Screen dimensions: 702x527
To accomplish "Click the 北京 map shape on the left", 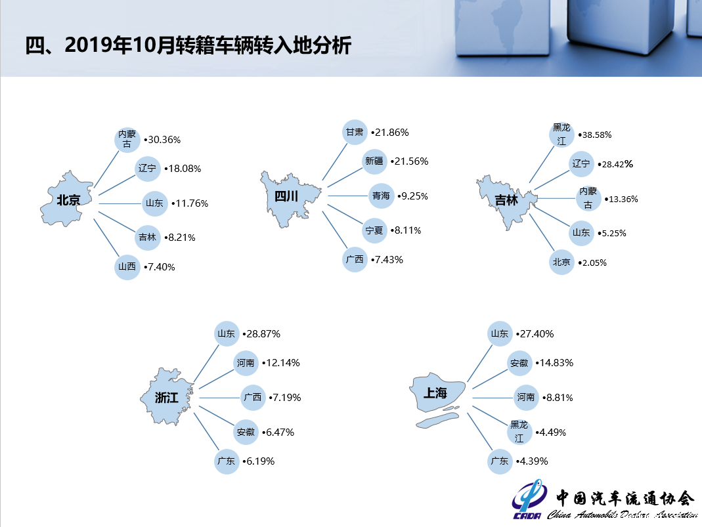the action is [67, 200].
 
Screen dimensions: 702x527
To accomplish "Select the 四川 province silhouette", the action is [289, 197].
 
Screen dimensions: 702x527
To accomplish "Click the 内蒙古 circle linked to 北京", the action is [127, 140].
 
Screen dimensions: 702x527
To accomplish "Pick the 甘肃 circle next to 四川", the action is [355, 133].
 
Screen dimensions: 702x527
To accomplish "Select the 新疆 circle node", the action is [374, 161].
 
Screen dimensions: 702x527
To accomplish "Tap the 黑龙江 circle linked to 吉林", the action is [561, 135].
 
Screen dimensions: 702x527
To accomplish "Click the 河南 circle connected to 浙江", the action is [246, 363].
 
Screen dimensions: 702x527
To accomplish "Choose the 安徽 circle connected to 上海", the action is [519, 363].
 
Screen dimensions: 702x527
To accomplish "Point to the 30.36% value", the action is [162, 140].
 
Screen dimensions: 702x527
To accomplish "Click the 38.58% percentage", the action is [595, 135].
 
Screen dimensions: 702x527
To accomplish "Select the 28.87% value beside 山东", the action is [261, 334].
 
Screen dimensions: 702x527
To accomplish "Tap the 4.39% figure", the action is [532, 461].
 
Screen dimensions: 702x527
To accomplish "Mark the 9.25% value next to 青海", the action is [413, 196].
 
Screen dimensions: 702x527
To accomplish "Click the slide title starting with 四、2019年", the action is [188, 45].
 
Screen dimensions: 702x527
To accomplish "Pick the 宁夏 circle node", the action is [374, 230].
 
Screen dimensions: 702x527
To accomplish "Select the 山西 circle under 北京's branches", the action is [127, 267].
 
